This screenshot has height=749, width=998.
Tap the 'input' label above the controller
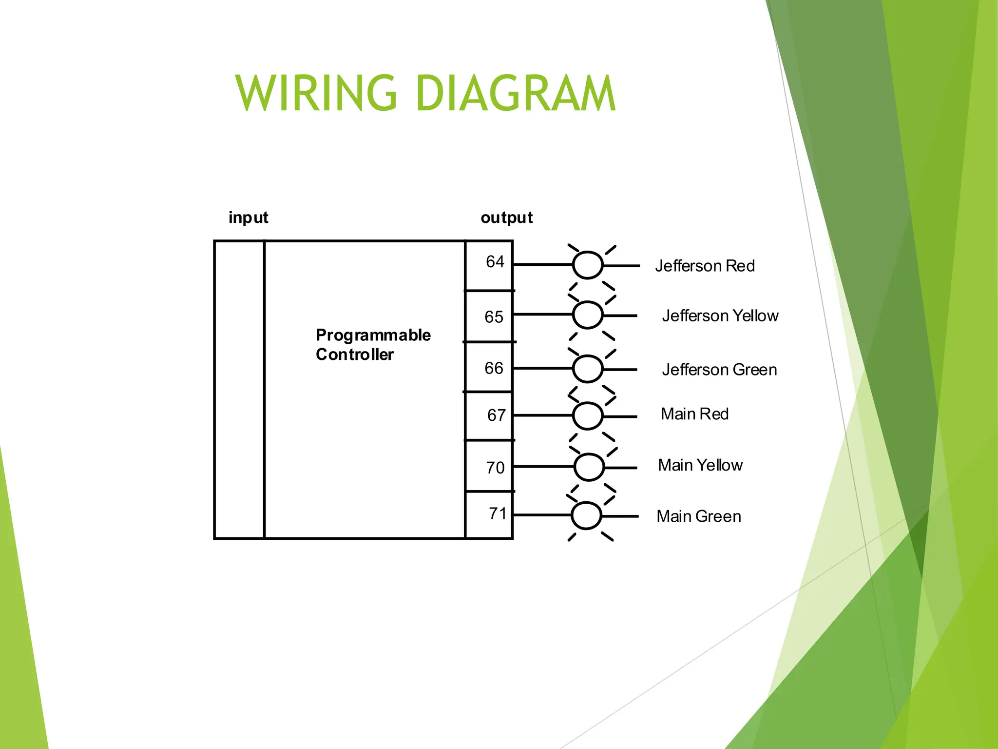point(248,217)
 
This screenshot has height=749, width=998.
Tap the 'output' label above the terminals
point(506,217)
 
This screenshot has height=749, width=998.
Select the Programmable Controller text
point(373,345)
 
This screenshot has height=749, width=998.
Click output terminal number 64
point(495,262)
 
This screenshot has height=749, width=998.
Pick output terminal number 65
point(494,317)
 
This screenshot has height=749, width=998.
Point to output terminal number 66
point(494,368)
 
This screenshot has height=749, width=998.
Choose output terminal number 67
point(496,415)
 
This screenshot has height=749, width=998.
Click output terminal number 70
point(495,468)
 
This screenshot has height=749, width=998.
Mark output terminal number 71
point(498,513)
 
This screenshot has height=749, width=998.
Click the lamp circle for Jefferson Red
point(588,265)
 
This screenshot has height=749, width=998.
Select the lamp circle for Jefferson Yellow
point(587,315)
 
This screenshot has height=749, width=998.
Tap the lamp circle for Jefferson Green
point(587,369)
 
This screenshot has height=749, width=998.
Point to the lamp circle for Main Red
point(588,416)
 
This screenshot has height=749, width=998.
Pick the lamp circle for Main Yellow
point(589,467)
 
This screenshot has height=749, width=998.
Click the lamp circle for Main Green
point(586,515)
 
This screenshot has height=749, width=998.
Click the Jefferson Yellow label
point(720,316)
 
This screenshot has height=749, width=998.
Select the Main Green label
point(698,516)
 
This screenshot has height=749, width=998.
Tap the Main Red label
point(694,414)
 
